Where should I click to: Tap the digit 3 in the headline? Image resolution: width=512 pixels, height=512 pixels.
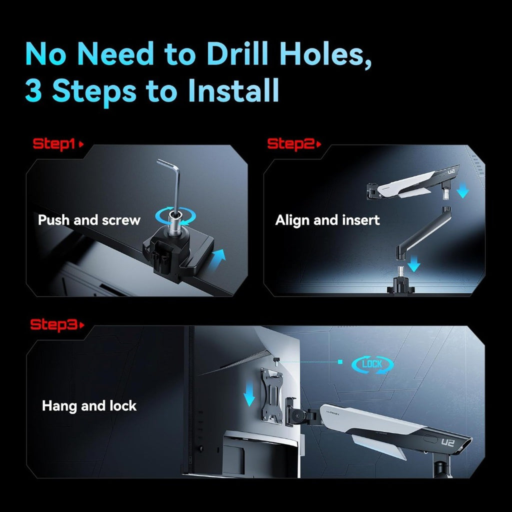[33, 90]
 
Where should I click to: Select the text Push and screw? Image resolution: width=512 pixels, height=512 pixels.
[89, 220]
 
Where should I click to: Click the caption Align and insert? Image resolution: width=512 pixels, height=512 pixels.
[327, 220]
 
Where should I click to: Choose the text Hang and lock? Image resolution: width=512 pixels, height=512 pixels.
[89, 406]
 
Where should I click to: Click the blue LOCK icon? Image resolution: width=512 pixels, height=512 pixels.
[372, 364]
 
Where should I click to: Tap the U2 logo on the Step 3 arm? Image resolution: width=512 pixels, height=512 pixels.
[447, 442]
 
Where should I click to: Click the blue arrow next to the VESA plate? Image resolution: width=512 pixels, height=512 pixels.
[249, 394]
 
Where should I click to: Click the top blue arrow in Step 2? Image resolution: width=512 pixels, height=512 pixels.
[462, 190]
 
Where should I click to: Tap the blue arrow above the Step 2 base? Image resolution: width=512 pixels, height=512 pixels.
[414, 263]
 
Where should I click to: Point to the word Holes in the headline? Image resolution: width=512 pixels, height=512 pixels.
[325, 54]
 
